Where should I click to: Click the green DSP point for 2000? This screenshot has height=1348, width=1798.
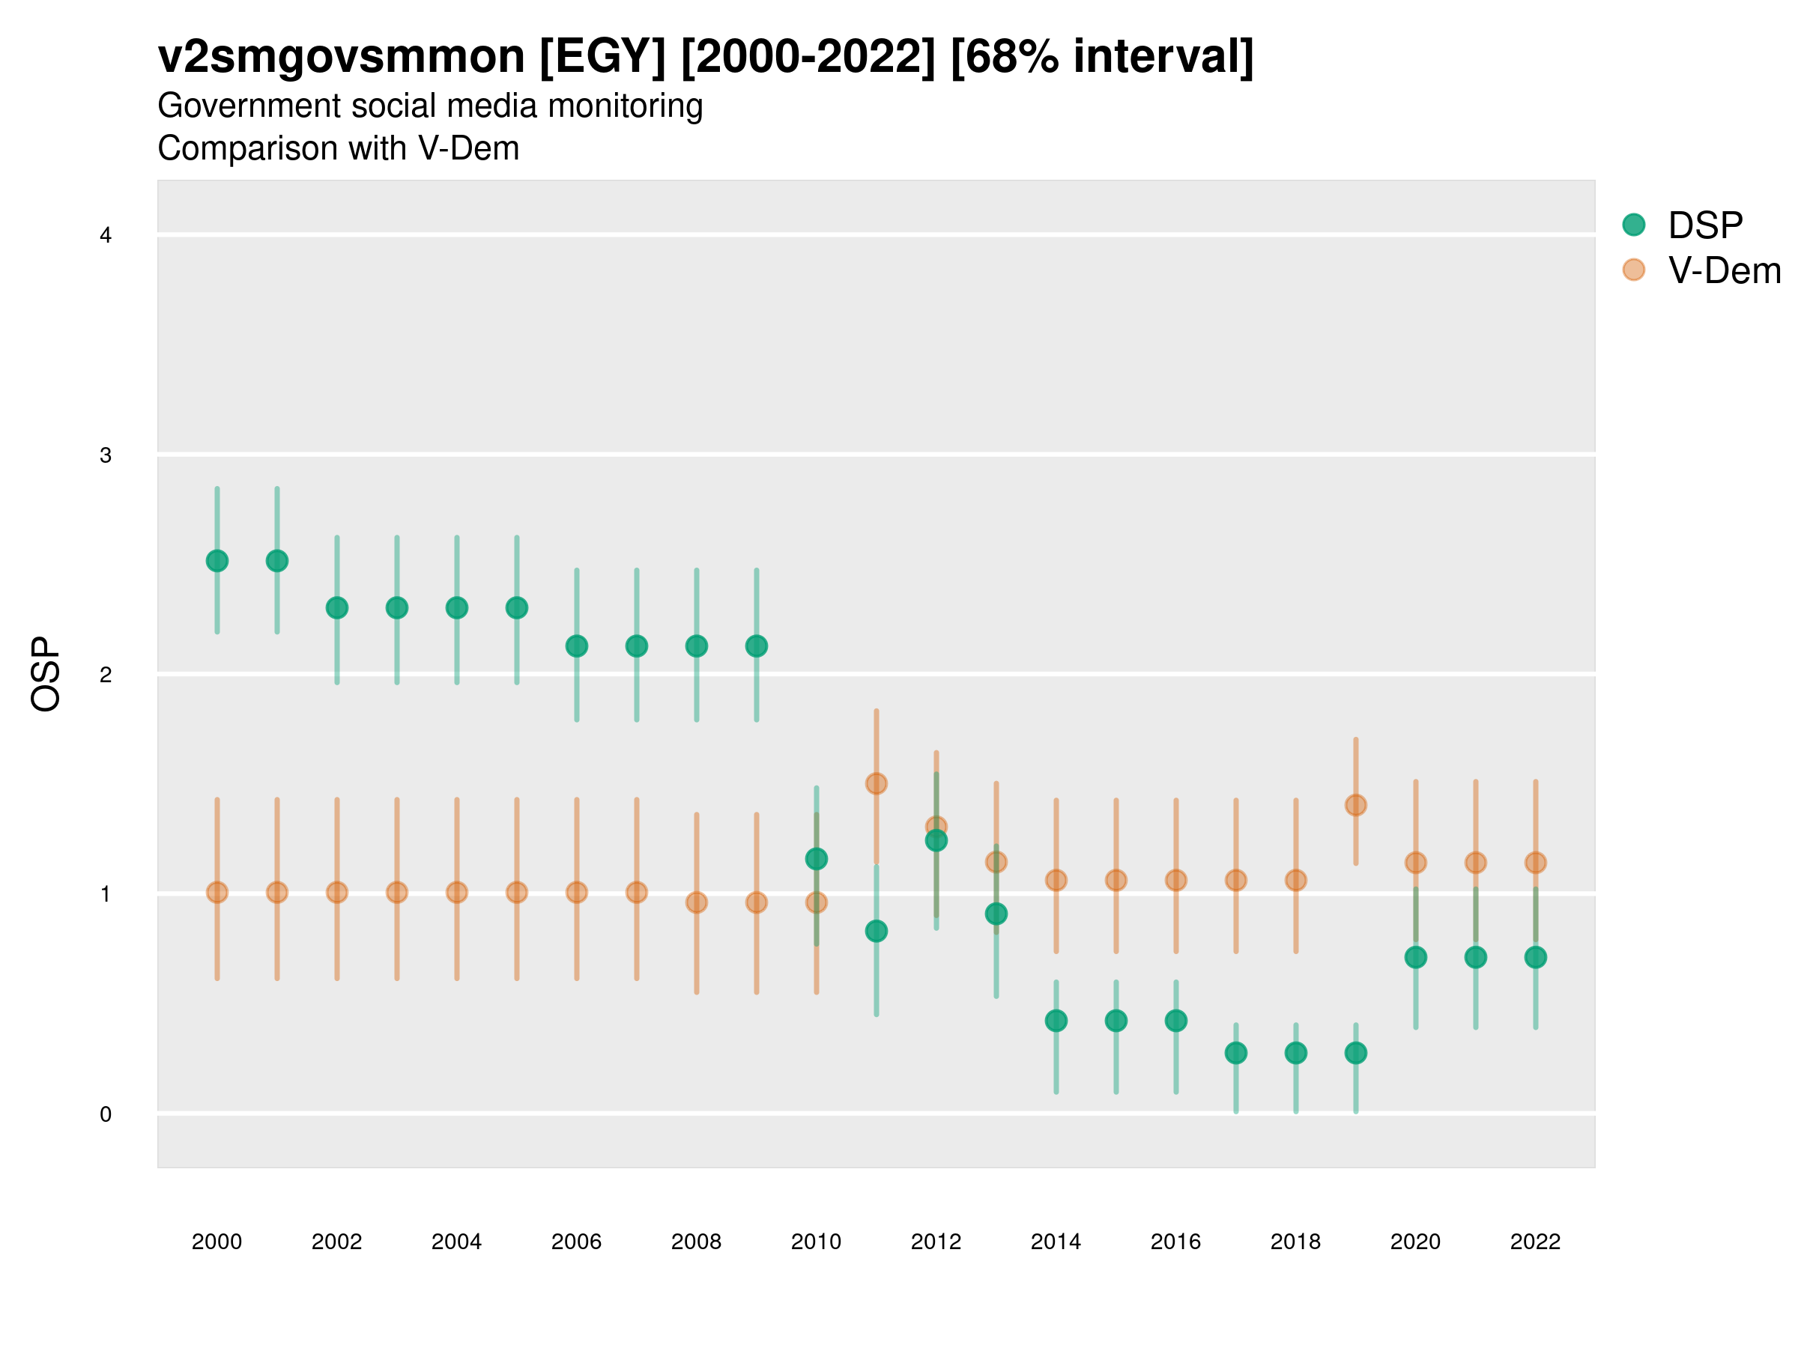(217, 561)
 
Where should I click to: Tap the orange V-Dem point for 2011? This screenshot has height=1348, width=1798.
(877, 783)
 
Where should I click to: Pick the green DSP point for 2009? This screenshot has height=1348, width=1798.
(756, 646)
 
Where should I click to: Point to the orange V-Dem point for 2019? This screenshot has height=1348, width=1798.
(1355, 804)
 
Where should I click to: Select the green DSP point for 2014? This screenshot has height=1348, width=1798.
(1056, 1021)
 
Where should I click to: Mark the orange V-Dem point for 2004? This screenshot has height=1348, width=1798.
(457, 892)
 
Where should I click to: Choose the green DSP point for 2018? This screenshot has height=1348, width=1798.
(1295, 1053)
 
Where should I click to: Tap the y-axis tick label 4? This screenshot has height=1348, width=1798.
(106, 236)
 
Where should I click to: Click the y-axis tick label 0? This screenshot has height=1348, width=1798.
(106, 1114)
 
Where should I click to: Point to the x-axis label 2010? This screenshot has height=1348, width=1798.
(816, 1242)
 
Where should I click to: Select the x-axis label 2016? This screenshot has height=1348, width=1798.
(1175, 1242)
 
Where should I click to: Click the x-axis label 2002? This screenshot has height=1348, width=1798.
(336, 1242)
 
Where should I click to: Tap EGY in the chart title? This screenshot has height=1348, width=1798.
(602, 57)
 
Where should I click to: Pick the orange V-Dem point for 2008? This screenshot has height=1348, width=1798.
(697, 902)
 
